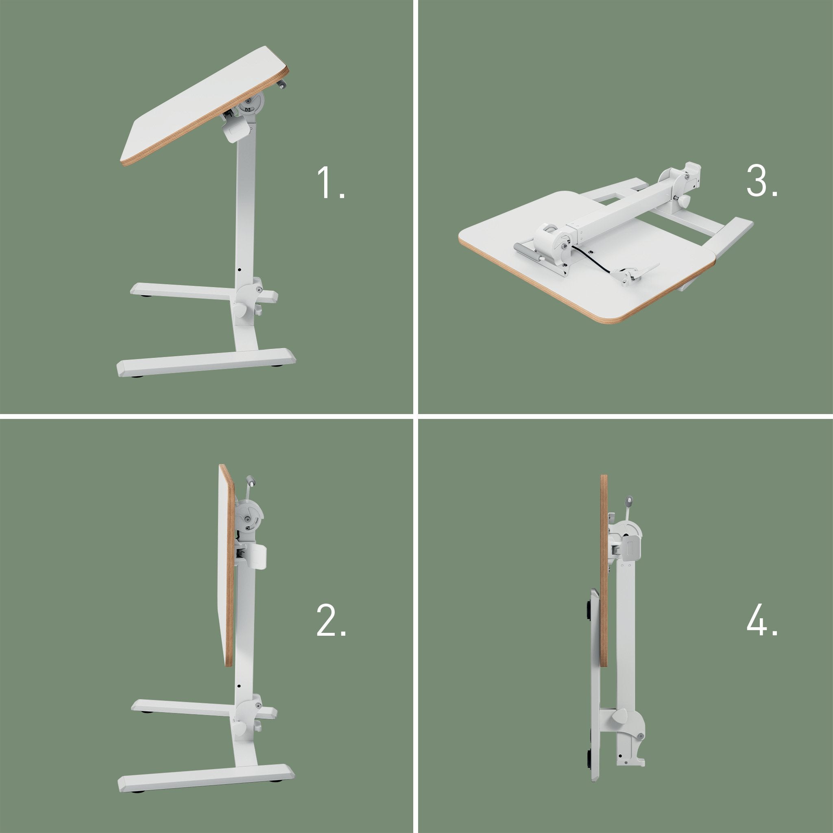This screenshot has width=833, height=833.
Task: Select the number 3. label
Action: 762,182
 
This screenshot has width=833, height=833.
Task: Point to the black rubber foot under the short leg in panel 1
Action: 145,297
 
